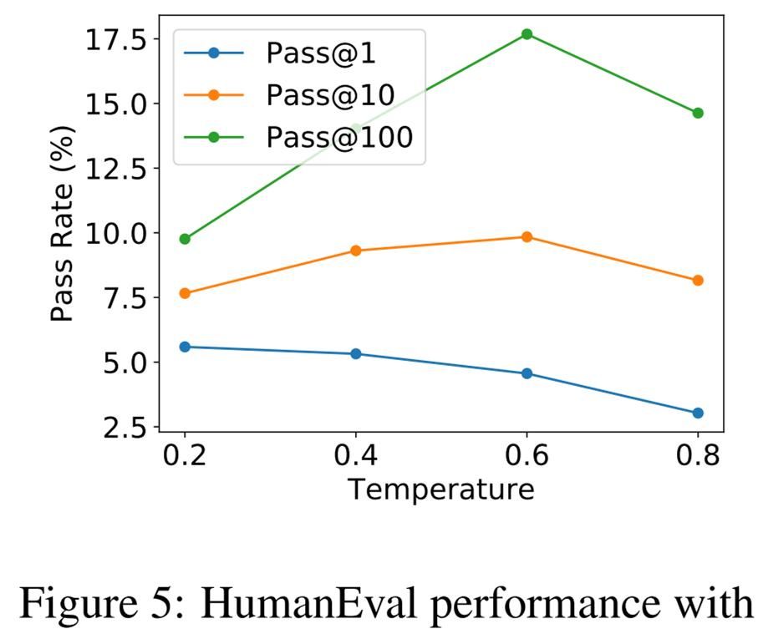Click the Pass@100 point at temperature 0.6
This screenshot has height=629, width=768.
(526, 34)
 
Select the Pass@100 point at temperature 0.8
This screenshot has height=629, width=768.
(698, 113)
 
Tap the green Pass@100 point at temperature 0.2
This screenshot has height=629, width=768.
(185, 239)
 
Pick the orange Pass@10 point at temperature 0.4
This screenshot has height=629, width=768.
(356, 251)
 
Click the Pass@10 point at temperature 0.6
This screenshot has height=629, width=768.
(526, 237)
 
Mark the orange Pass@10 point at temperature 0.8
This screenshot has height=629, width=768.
(698, 281)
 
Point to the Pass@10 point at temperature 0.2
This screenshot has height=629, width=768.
(185, 293)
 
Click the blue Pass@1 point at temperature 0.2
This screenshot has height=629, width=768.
(185, 347)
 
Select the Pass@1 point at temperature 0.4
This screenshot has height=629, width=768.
(356, 354)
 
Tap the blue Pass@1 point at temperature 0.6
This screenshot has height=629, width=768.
(526, 373)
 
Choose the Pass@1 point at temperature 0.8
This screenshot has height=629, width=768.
(698, 413)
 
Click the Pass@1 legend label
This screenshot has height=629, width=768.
(321, 53)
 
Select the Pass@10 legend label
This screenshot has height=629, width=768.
(330, 95)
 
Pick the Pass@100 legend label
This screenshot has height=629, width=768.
(339, 137)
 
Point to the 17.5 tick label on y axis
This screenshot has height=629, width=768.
(117, 39)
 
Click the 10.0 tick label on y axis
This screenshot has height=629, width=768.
(117, 233)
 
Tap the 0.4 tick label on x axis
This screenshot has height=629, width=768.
(356, 457)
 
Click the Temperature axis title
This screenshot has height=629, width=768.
(440, 489)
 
